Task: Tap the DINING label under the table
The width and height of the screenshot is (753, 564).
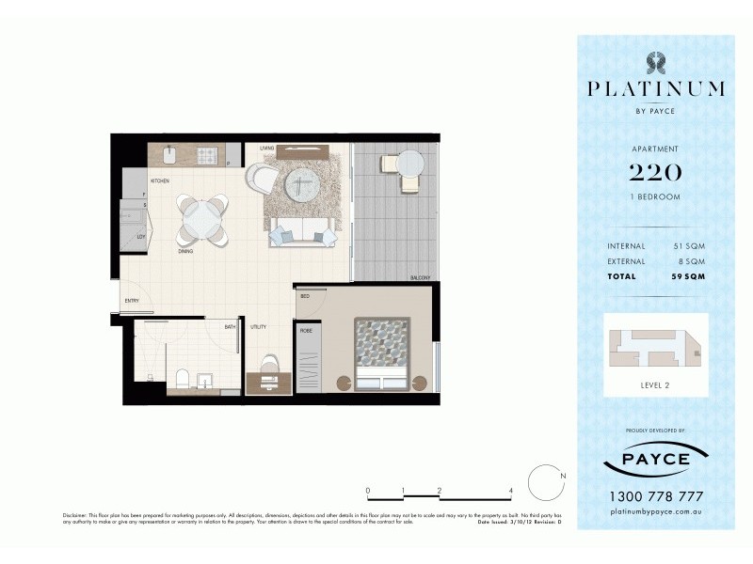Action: tap(185, 251)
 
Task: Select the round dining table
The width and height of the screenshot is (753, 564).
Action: tap(204, 217)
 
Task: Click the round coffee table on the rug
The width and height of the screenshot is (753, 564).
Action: tap(299, 185)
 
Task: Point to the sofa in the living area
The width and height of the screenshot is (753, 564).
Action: tap(302, 231)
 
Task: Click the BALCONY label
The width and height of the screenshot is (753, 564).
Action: tap(421, 278)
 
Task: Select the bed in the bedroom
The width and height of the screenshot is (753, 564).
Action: tap(382, 353)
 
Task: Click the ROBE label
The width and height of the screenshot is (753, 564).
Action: tap(306, 331)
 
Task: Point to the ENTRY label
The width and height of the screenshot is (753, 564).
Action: tap(131, 301)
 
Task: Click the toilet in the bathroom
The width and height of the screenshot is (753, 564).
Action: tap(184, 379)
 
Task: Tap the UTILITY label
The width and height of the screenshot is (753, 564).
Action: tap(258, 327)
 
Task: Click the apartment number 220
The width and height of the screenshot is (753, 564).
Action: tap(655, 171)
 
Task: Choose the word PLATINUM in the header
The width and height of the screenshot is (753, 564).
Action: tap(655, 89)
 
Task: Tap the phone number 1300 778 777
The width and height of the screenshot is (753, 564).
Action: tap(655, 496)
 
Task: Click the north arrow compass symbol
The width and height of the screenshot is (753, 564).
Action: tap(544, 482)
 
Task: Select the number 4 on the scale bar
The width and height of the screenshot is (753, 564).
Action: tap(509, 491)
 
